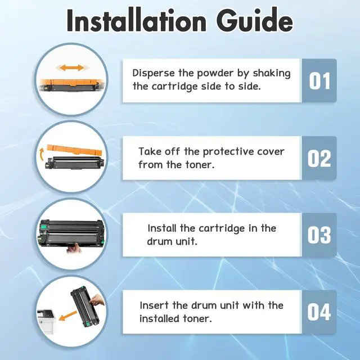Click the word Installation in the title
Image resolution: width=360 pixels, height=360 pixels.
[x=137, y=20]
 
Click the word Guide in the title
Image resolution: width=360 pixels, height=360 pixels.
[x=254, y=20]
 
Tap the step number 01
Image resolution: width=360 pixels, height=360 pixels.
[x=319, y=81]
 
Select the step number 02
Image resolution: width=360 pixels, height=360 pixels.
[x=319, y=159]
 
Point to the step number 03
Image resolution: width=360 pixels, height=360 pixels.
[x=319, y=235]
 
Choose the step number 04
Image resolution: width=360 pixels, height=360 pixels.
[x=319, y=312]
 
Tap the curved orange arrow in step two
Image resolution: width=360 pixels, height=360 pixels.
[x=42, y=155]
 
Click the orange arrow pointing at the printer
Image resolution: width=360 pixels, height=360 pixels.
[x=67, y=316]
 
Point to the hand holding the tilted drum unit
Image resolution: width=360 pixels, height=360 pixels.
[x=97, y=300]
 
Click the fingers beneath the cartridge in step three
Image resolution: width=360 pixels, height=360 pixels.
[x=74, y=248]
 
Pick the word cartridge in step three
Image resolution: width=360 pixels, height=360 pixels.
[x=222, y=229]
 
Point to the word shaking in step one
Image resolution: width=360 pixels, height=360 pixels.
[x=272, y=74]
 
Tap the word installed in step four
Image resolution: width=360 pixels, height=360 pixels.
[x=159, y=319]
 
